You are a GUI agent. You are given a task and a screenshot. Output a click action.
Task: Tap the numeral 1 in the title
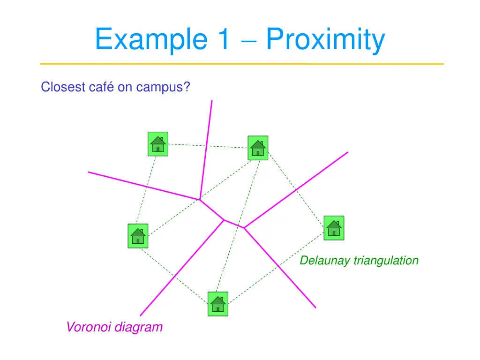[x=223, y=39]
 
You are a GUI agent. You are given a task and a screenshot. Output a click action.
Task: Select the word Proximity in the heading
[x=325, y=40]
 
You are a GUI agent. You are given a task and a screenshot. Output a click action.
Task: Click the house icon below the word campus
[x=158, y=144]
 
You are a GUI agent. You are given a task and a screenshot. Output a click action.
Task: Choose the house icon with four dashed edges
[x=258, y=148]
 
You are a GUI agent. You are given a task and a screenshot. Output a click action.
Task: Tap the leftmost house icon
[x=138, y=236]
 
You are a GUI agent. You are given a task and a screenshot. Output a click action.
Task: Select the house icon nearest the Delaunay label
[x=334, y=228]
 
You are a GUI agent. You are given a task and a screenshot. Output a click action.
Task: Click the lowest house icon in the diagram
[x=217, y=304]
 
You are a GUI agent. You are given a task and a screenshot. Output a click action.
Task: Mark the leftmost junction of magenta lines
[x=200, y=199]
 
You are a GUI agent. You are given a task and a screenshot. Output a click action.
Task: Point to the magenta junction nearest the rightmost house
[x=244, y=228]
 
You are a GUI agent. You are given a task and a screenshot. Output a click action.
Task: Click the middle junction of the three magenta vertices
[x=224, y=219]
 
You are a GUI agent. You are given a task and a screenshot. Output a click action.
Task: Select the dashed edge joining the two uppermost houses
[x=208, y=146]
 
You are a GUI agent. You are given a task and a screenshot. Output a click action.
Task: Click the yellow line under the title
[x=241, y=64]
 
